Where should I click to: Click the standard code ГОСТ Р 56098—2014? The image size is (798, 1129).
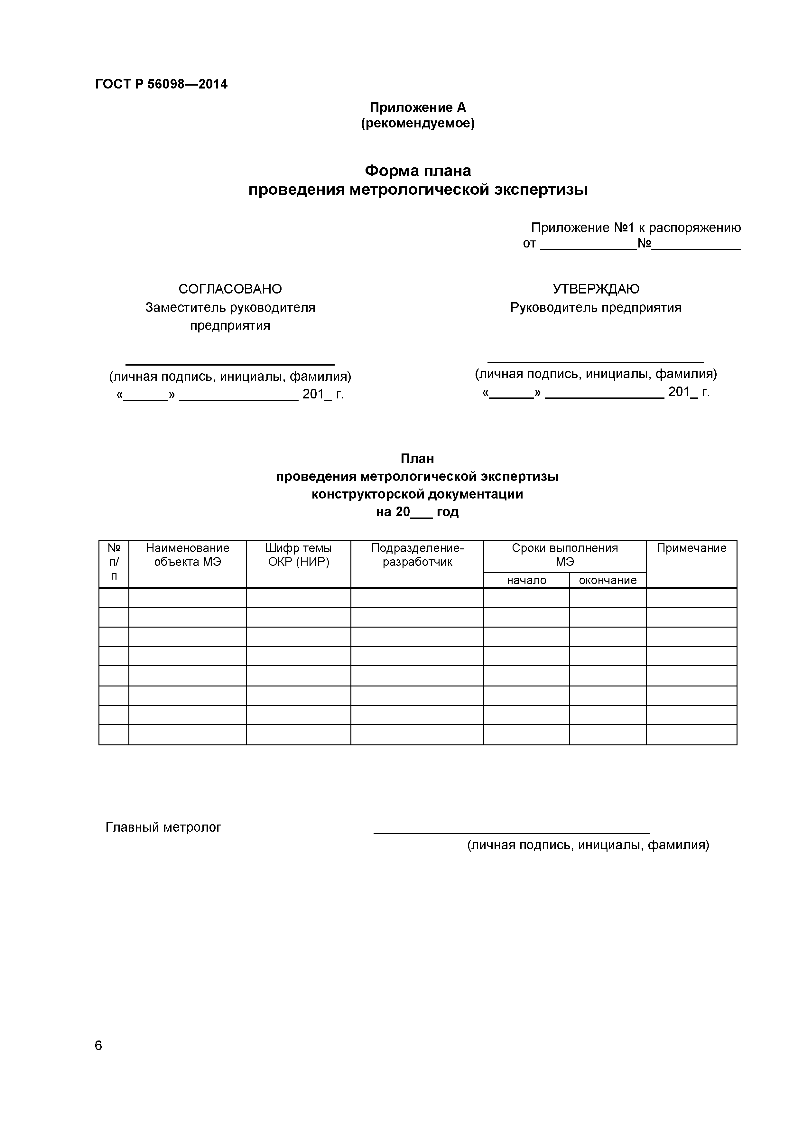pos(161,84)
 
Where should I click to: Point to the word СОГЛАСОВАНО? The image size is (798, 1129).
pos(230,289)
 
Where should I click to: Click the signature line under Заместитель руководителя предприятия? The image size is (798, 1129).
pos(230,364)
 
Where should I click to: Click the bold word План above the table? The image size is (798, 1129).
pos(417,459)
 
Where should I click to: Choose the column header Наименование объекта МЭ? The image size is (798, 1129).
pos(187,555)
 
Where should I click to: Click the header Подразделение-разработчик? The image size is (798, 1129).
pos(417,555)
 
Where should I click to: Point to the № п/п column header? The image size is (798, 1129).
pos(114,562)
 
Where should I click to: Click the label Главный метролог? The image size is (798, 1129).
pos(163,827)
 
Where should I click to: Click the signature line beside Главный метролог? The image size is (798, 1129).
pos(511,833)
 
